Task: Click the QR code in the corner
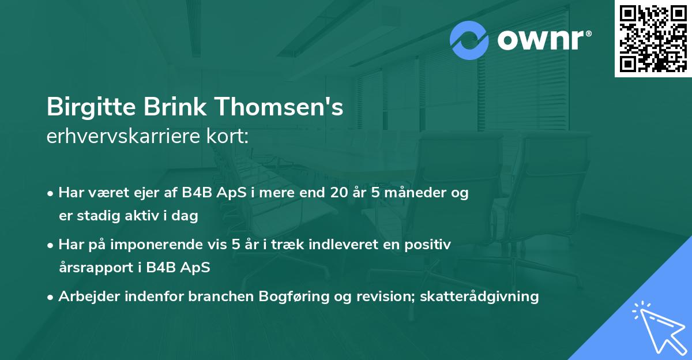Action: [x=653, y=39]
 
